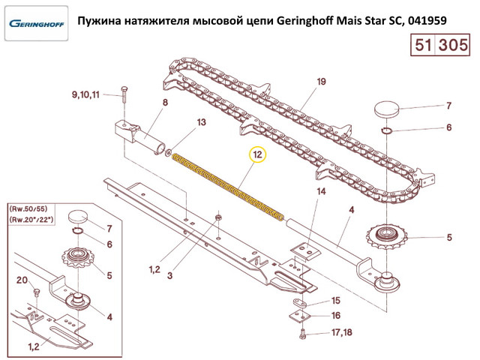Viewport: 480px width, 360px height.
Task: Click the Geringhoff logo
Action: [37, 23]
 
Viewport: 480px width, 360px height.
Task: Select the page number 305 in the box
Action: [453, 45]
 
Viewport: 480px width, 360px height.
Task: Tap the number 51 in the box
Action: [423, 45]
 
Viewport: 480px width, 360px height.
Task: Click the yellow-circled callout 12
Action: [258, 154]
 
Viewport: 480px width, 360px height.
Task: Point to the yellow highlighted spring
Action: [228, 187]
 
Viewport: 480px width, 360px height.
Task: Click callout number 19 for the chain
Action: [321, 82]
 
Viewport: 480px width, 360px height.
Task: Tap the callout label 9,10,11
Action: [85, 94]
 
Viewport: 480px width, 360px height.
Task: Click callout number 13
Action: [202, 122]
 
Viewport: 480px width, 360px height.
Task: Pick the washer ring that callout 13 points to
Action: [168, 151]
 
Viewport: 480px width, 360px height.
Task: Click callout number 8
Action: [165, 102]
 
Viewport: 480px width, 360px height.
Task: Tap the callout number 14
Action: [321, 192]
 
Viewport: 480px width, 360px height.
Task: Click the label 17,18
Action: [342, 332]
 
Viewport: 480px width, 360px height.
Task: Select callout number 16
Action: [336, 315]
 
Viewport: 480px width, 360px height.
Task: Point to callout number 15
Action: [336, 301]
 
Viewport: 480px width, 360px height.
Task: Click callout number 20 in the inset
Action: [22, 280]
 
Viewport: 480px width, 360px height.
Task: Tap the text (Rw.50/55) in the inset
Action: [28, 209]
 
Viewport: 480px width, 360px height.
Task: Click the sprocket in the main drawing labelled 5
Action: [387, 236]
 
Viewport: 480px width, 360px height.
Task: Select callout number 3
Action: [170, 275]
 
